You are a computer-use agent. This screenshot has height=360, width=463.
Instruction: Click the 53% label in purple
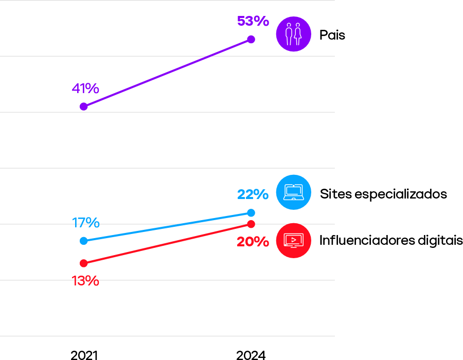[253, 21]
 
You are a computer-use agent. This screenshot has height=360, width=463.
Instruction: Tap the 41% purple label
[85, 88]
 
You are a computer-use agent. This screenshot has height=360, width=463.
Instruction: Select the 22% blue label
[253, 194]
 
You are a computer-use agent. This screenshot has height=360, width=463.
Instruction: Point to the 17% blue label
[85, 223]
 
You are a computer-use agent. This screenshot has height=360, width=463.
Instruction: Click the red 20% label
[253, 242]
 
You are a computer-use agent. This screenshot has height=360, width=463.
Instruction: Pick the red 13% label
[85, 281]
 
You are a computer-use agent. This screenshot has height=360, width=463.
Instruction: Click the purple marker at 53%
[251, 40]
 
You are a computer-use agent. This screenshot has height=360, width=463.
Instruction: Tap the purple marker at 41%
[83, 106]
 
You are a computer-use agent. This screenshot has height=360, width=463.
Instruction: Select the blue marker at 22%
[251, 213]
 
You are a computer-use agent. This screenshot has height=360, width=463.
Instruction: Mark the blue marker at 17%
[84, 241]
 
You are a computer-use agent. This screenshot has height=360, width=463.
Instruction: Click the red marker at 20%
[251, 224]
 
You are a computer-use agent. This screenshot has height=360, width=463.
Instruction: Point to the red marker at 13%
[84, 263]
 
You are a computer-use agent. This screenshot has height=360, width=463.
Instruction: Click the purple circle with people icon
[293, 34]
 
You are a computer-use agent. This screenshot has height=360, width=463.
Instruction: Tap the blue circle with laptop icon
[293, 192]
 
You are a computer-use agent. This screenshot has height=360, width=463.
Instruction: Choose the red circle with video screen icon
[293, 240]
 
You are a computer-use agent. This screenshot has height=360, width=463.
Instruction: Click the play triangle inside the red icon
[294, 240]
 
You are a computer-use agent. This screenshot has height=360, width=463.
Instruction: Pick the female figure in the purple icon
[298, 34]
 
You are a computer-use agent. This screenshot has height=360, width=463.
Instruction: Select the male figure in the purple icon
[289, 34]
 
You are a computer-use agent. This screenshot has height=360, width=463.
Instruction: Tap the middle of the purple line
[167, 73]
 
